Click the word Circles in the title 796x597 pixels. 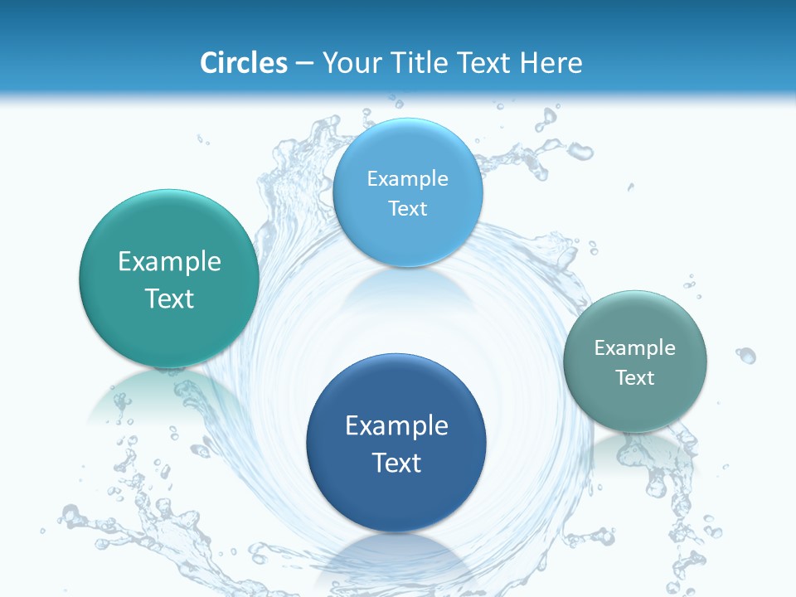click(x=243, y=63)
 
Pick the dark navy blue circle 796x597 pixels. click(x=396, y=498)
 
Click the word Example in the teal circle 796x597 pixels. click(x=169, y=262)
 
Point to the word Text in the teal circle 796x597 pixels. click(x=169, y=298)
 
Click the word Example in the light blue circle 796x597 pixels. click(x=407, y=178)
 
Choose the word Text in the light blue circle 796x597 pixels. click(x=407, y=208)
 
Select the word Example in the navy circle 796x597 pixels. click(x=396, y=426)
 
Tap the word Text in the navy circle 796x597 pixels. click(x=396, y=463)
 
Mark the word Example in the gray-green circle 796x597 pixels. click(x=635, y=347)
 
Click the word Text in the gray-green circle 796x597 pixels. click(x=635, y=377)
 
